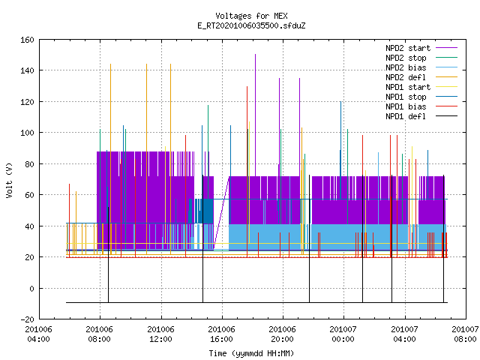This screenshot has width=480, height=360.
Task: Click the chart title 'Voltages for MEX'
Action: pyautogui.click(x=251, y=16)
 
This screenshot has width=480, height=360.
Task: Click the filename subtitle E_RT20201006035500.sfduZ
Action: pyautogui.click(x=251, y=25)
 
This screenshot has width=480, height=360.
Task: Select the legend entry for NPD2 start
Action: pyautogui.click(x=408, y=48)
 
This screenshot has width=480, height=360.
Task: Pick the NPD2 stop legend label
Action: pyautogui.click(x=406, y=58)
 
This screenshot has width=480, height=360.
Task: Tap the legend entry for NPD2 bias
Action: pyautogui.click(x=406, y=67)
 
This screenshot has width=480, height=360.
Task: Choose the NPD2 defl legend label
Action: pyautogui.click(x=406, y=77)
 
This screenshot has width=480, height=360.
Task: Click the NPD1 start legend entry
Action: pyautogui.click(x=408, y=87)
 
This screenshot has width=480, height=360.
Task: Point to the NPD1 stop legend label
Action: pyautogui.click(x=406, y=97)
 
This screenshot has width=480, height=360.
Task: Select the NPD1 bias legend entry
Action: pyautogui.click(x=406, y=106)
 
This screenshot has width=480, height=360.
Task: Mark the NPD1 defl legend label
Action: pyautogui.click(x=406, y=116)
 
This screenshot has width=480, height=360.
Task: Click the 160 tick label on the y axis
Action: pyautogui.click(x=27, y=40)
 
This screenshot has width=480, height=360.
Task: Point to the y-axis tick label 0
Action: pyautogui.click(x=31, y=288)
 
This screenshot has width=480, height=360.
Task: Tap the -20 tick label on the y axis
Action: pyautogui.click(x=27, y=319)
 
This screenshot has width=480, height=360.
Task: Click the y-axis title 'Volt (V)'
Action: pyautogui.click(x=9, y=180)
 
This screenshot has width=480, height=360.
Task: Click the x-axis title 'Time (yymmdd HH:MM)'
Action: pyautogui.click(x=251, y=353)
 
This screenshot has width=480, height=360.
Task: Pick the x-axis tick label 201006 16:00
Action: pyautogui.click(x=221, y=334)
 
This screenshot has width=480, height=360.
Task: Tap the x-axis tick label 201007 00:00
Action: pyautogui.click(x=343, y=334)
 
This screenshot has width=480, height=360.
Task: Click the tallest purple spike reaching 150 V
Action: pyautogui.click(x=255, y=115)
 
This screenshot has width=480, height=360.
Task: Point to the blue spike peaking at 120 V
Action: pyautogui.click(x=340, y=150)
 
